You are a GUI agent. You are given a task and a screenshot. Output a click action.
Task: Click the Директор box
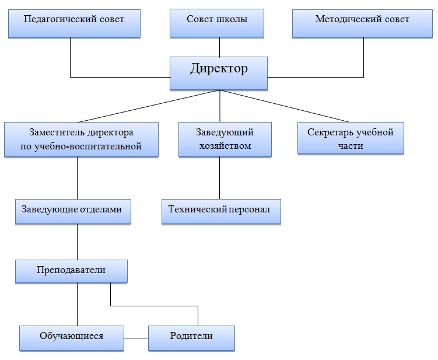point(219,74)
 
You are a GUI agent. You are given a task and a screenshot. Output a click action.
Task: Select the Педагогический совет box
point(74,23)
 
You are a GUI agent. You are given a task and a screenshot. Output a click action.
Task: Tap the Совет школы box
point(217,23)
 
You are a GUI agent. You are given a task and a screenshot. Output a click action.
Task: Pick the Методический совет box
point(362,23)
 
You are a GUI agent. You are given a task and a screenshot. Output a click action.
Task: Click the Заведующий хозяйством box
point(225,139)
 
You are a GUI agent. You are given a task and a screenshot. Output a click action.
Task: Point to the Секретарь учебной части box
point(351,138)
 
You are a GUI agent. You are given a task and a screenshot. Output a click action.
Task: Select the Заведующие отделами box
point(73,212)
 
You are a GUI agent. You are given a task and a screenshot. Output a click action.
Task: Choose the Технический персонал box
point(221,212)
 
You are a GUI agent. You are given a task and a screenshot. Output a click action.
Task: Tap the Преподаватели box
point(72,271)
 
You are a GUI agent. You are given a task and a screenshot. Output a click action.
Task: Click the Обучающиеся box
point(72,338)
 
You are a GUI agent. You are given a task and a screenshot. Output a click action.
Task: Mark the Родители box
point(192,338)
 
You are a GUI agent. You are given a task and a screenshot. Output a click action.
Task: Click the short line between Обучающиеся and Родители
point(136,338)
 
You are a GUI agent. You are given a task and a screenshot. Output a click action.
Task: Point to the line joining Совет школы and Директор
point(219,47)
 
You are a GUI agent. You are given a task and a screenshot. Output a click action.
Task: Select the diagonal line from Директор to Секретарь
point(285,106)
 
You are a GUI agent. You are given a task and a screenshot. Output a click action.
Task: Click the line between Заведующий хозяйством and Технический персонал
point(219,178)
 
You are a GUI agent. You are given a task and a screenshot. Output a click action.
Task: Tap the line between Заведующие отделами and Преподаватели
point(78,242)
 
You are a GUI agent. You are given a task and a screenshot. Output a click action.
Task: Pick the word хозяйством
point(225,146)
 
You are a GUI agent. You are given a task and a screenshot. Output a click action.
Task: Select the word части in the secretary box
point(351,146)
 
